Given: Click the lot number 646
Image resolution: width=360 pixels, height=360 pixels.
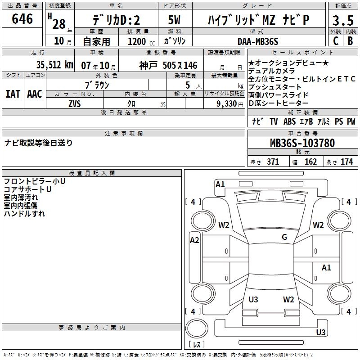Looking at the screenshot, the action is point(22,19).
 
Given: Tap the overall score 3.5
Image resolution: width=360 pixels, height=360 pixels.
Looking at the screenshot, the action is point(343,21).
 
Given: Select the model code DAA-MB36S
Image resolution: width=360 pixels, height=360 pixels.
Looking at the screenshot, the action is point(258,41).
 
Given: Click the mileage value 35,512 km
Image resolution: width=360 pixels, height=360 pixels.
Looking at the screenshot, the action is point(55,65).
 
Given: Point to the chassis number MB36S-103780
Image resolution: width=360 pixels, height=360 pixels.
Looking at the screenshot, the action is point(302,143).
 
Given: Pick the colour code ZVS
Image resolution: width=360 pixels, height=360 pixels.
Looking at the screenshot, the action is point(75,104).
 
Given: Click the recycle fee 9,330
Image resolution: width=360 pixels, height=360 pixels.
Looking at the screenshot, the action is point(227,104).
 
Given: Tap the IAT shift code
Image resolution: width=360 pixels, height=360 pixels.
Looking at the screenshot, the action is point(13,94).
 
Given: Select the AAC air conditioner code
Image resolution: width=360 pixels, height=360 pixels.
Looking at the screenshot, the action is point(35,94).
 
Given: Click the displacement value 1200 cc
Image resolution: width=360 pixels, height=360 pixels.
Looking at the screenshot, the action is point(141,41).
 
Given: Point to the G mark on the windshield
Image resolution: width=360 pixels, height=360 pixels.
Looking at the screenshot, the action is point(284,237).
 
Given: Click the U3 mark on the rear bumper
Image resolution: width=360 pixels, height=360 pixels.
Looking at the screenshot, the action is point(321,332).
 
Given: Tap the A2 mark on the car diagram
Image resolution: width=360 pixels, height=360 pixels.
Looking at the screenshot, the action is point(194,240).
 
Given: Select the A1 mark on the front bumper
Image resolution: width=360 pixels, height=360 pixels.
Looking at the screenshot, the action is point(220,184).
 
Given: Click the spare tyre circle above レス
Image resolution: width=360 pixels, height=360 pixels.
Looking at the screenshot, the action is point(197,328).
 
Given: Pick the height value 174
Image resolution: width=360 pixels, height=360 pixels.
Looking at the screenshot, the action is point(346,162).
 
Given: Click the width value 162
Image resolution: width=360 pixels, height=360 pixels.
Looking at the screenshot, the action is point(310,162).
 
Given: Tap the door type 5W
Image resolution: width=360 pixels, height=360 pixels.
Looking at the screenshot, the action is point(174,20).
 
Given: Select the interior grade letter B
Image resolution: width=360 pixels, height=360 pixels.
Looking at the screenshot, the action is point(350,41).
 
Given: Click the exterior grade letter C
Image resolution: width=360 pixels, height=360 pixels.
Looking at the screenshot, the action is point(336,41).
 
